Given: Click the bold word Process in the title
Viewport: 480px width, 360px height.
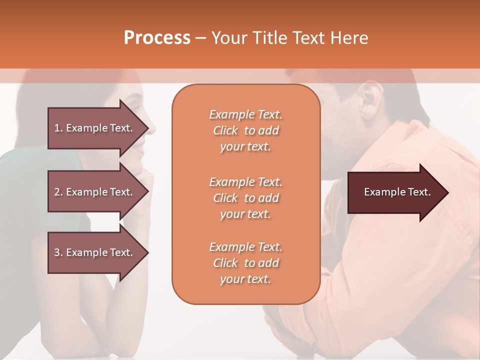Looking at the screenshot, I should click(x=157, y=38).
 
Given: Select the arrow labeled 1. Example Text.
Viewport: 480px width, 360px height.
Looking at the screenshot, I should click(x=95, y=128).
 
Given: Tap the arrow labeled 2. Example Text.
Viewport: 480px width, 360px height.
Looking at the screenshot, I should click(x=95, y=192).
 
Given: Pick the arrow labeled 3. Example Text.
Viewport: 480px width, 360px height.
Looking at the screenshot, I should click(x=95, y=252).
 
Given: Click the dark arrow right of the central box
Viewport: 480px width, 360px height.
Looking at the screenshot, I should click(x=395, y=192).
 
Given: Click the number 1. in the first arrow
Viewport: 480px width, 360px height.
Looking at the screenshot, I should click(x=58, y=128).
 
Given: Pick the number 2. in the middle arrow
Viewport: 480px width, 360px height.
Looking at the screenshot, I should click(x=58, y=192).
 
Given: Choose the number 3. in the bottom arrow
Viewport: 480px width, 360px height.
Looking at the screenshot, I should click(x=58, y=252).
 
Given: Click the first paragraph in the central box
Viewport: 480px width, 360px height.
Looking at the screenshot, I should click(x=245, y=130).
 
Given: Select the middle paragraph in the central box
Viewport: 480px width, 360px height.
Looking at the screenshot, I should click(x=245, y=198).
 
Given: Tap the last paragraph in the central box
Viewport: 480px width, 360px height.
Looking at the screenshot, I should click(x=245, y=263).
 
